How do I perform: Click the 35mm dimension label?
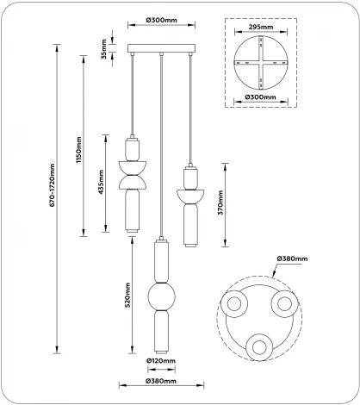(x=104, y=49)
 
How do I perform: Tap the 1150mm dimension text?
(x=79, y=150)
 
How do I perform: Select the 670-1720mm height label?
(x=52, y=185)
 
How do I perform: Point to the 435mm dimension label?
(x=101, y=182)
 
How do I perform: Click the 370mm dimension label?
(x=220, y=202)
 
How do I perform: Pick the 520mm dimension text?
(x=127, y=295)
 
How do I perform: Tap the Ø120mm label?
(x=161, y=361)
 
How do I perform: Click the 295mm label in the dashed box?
(x=261, y=27)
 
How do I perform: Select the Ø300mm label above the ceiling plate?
(x=161, y=20)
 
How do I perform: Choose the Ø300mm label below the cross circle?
(x=260, y=97)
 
